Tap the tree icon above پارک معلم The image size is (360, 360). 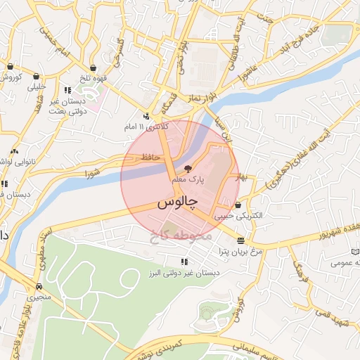(x=188, y=168)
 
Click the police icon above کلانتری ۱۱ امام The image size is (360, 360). (x=146, y=116)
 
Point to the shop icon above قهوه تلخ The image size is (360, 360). (x=89, y=67)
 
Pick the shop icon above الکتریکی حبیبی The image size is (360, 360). (x=240, y=205)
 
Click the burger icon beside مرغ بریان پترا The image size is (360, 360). (x=241, y=240)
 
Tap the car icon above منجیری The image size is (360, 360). (x=39, y=287)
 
